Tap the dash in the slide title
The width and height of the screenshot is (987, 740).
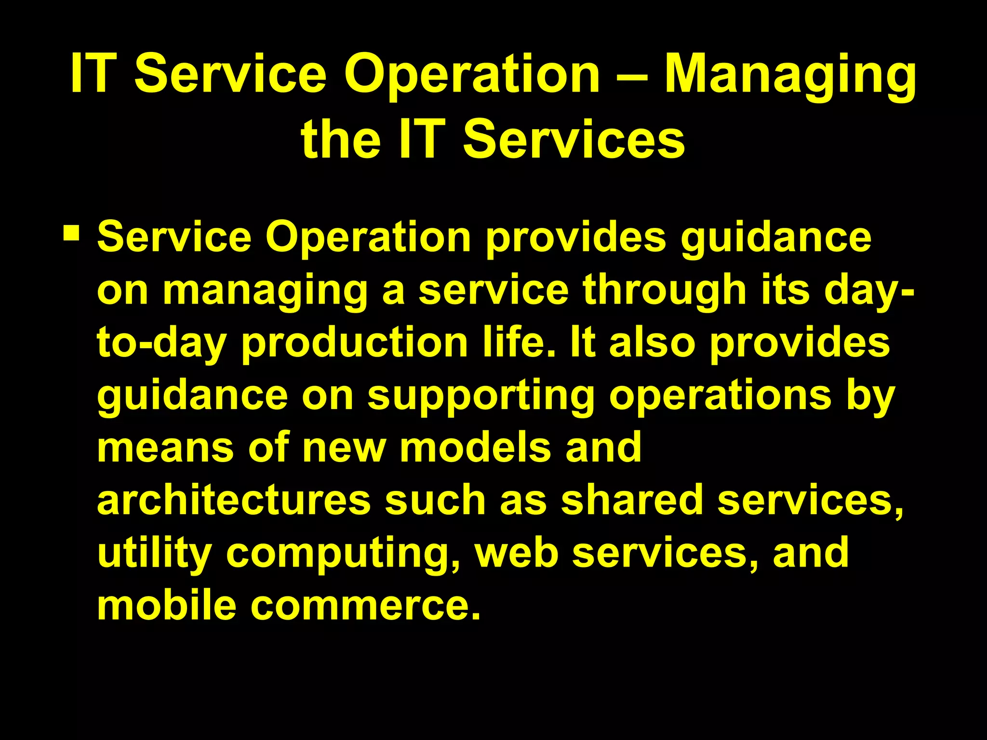[x=632, y=77]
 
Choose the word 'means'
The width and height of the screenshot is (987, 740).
[x=165, y=448]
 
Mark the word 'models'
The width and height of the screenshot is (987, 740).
[x=475, y=448]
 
